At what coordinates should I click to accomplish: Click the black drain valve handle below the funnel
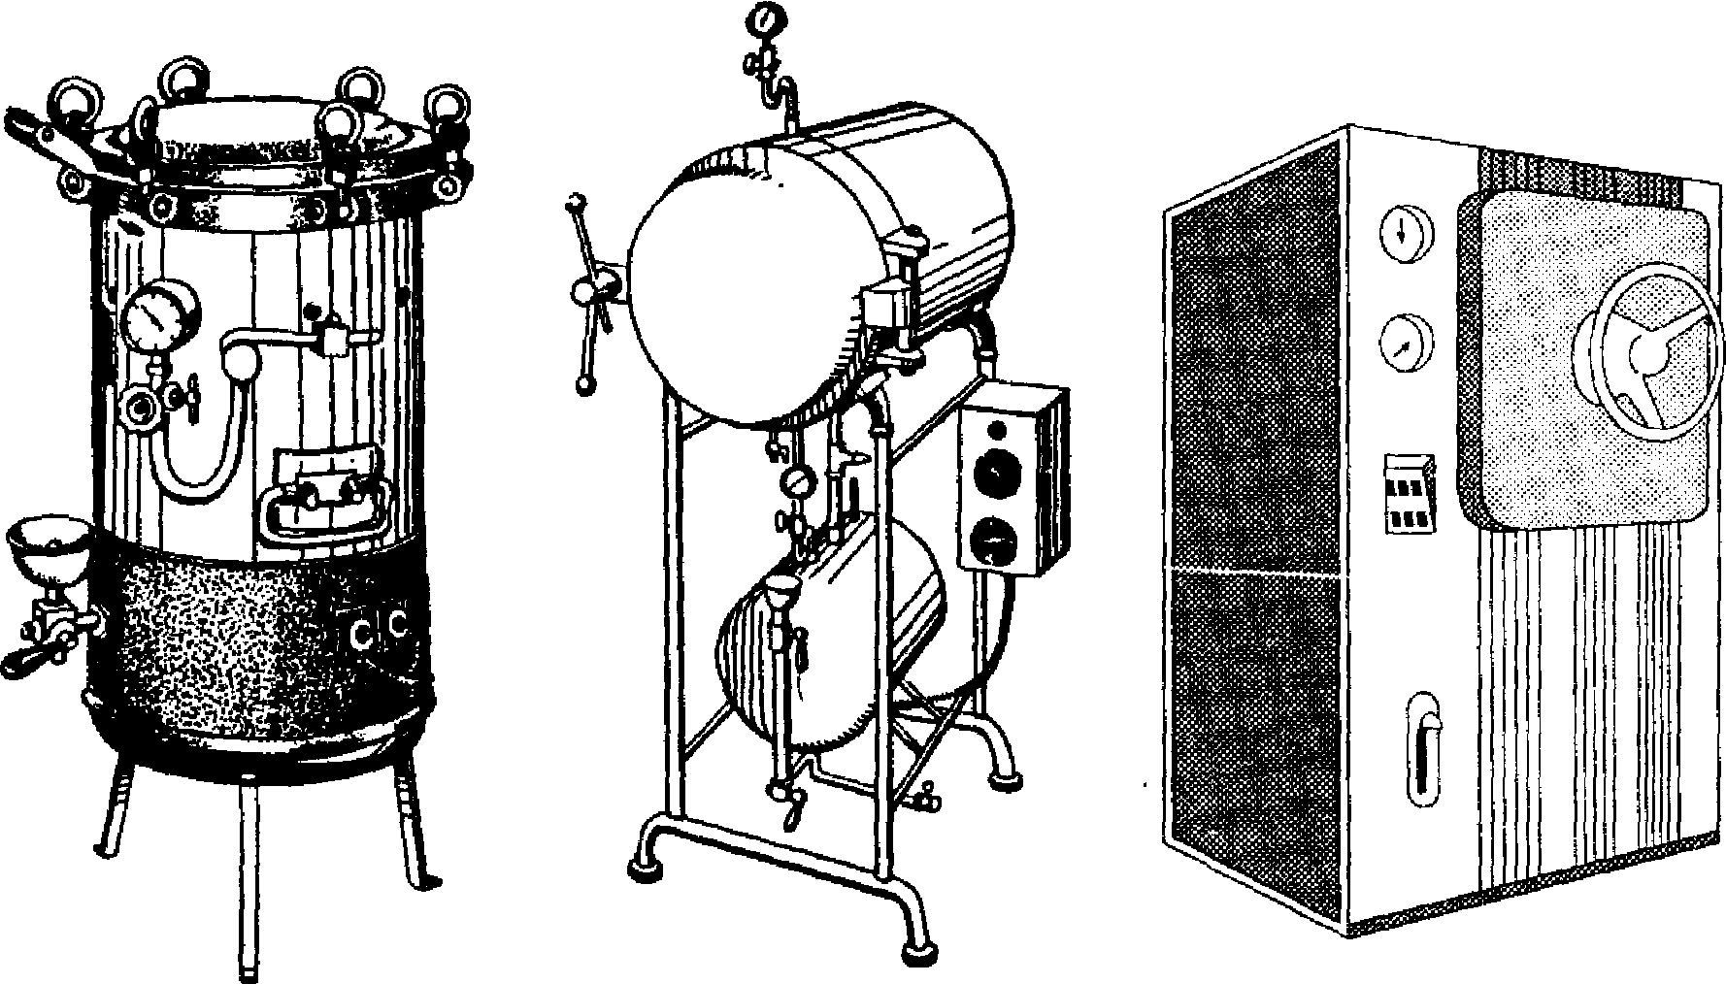click(26, 663)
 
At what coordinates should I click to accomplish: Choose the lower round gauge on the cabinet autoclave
click(1405, 344)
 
